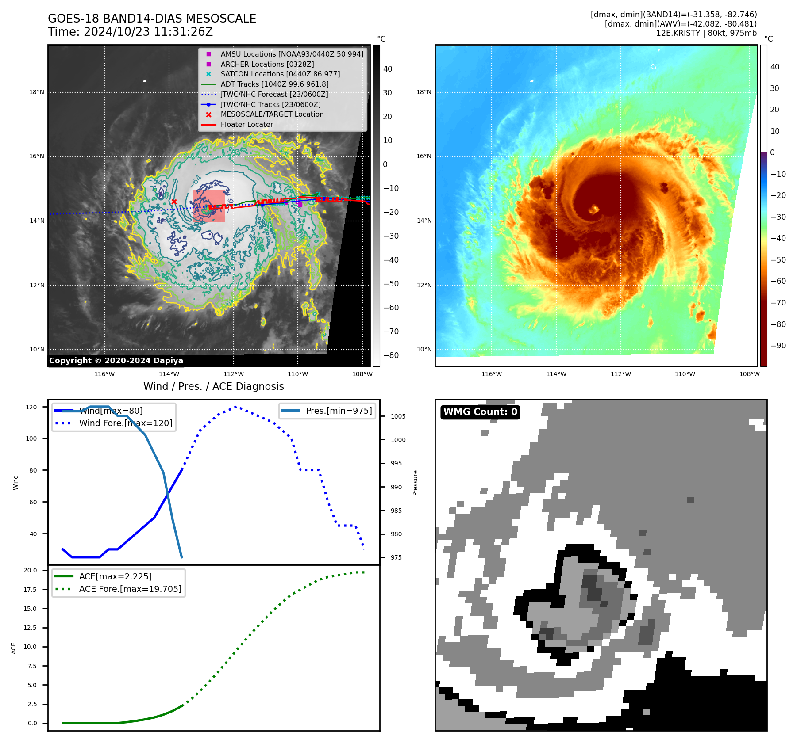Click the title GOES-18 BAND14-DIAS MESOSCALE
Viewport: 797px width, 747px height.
152,19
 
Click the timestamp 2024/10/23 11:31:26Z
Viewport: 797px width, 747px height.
148,32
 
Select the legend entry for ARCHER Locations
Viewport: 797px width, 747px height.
267,64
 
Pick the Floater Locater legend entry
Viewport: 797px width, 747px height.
246,125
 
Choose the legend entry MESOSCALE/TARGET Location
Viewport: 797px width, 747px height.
272,114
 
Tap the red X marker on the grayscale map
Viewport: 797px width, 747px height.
174,202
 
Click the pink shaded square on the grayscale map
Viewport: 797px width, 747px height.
208,206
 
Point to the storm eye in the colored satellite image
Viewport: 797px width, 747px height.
593,209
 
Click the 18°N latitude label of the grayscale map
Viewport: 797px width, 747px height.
37,92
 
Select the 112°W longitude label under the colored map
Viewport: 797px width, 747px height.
620,374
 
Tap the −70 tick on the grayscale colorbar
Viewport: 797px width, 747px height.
391,332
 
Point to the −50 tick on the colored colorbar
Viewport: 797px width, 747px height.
778,260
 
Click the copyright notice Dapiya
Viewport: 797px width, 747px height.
116,361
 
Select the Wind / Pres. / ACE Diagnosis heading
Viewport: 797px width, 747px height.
213,386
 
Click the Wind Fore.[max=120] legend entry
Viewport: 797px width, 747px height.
125,423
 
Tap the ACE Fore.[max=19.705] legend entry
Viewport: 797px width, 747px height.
130,589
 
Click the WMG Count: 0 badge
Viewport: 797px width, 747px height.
480,412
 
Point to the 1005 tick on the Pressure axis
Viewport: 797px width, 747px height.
398,416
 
